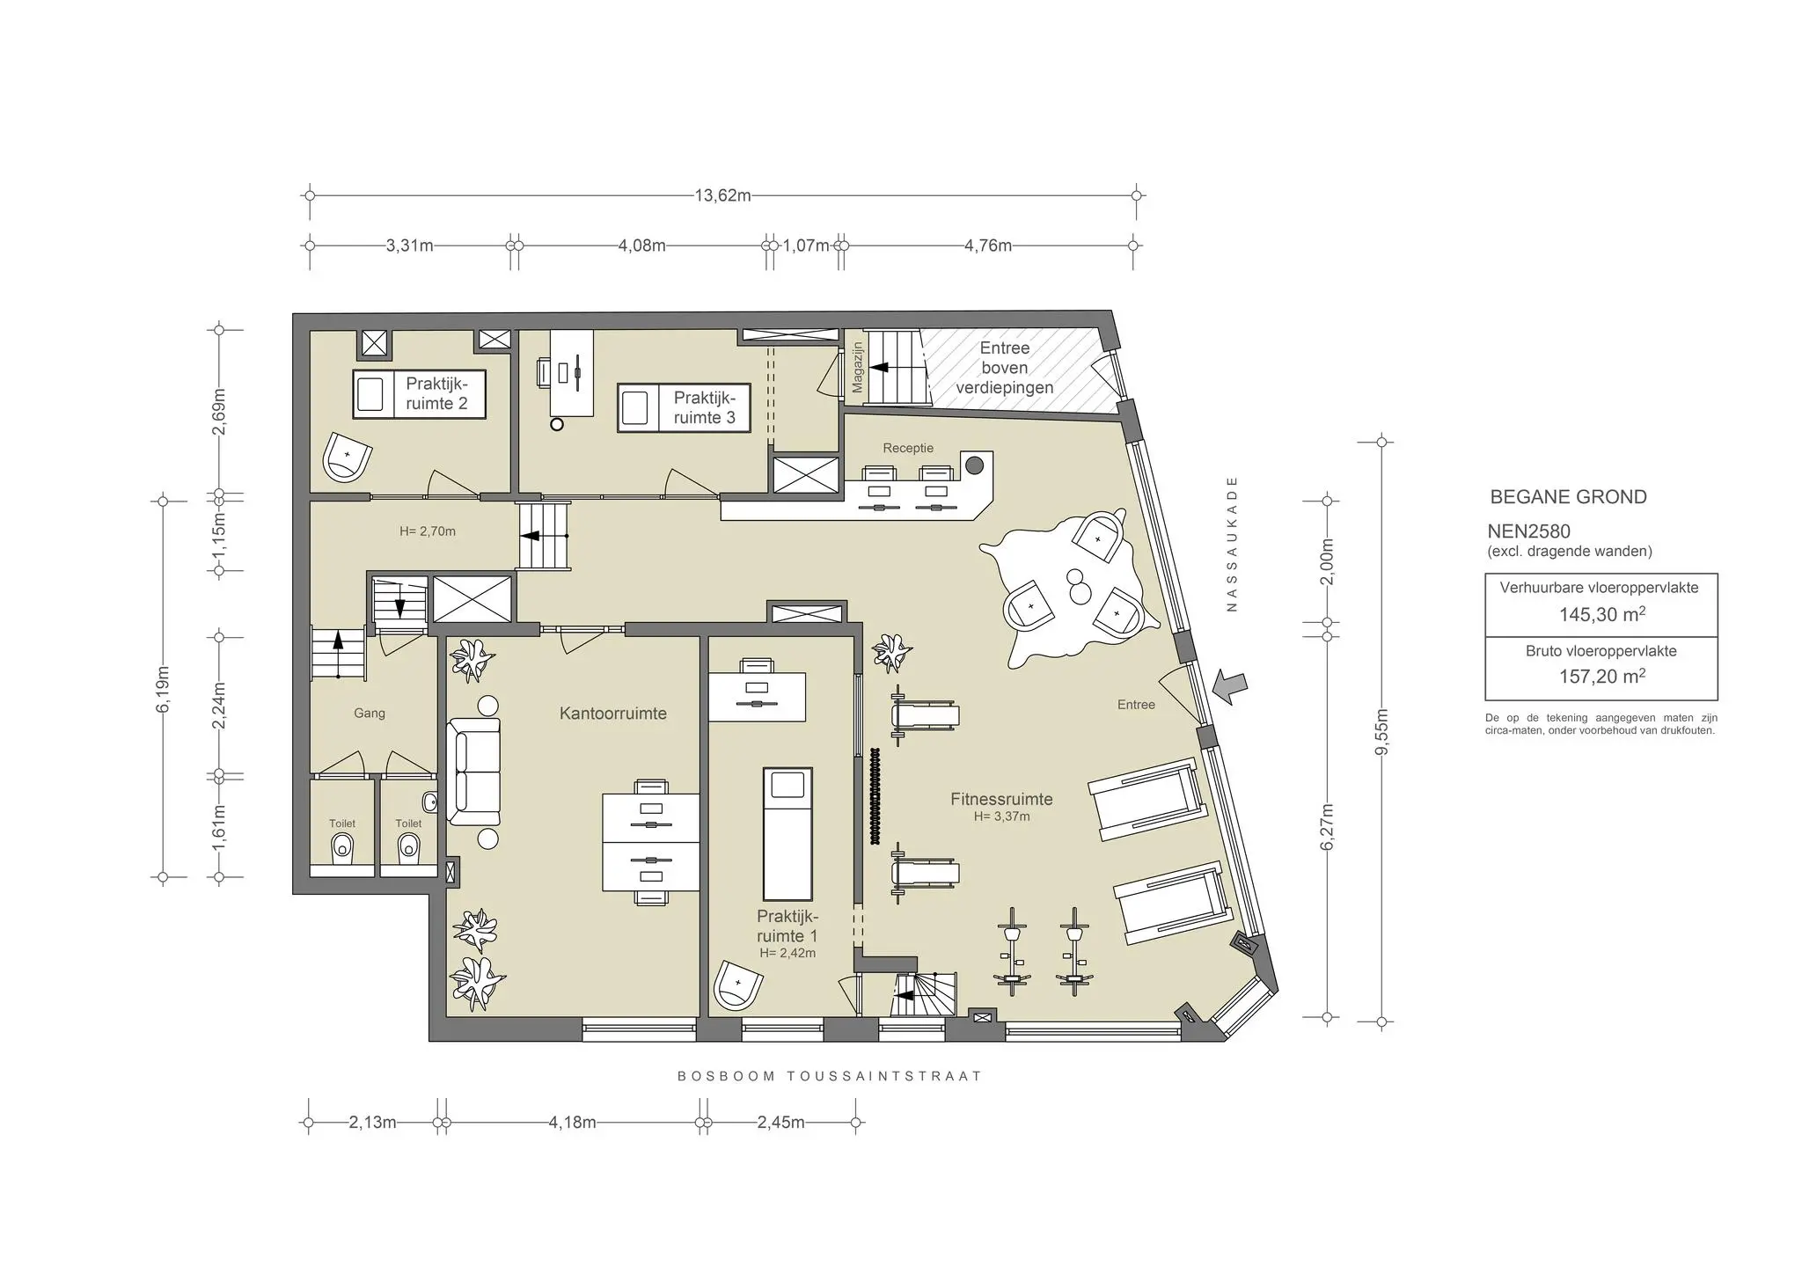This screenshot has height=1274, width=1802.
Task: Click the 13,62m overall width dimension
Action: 722,195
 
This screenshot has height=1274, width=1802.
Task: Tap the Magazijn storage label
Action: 858,367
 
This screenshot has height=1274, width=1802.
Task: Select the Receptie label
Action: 908,448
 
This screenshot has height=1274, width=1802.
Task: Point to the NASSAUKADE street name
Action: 1232,544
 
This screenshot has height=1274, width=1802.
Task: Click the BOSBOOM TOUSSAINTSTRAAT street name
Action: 829,1076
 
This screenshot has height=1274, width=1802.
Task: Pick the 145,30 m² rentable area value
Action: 1601,615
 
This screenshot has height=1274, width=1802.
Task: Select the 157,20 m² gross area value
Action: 1601,677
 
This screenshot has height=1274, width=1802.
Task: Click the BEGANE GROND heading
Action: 1568,497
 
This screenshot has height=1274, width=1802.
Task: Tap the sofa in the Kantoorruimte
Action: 473,772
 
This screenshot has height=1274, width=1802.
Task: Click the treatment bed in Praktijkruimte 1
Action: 787,832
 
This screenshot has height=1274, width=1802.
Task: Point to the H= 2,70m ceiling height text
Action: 428,531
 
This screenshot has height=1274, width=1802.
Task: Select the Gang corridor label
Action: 370,714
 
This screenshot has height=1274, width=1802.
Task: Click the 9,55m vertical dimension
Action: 1381,732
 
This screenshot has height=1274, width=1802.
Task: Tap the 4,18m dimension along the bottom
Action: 573,1123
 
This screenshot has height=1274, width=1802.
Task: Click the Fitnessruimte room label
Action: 1001,800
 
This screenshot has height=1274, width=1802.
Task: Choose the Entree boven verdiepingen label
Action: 1005,368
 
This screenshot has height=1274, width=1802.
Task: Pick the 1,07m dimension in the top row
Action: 806,245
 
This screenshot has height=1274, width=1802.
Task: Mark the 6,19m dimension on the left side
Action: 162,690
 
